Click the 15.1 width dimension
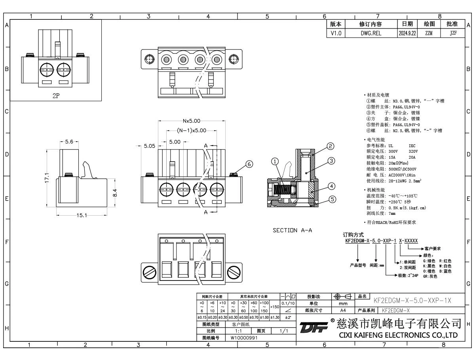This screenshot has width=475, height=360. pyautogui.click(x=82, y=215)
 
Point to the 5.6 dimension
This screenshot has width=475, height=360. pyautogui.click(x=68, y=142)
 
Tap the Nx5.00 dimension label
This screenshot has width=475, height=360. pyautogui.click(x=191, y=121)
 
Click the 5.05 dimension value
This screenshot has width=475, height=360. pyautogui.click(x=150, y=146)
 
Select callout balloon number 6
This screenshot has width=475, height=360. pyautogui.click(x=249, y=165)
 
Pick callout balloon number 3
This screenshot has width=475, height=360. pyautogui.click(x=332, y=161)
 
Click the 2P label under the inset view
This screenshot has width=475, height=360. pyautogui.click(x=56, y=95)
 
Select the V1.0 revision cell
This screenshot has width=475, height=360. pyautogui.click(x=336, y=34)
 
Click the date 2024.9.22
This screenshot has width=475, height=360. pyautogui.click(x=407, y=34)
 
